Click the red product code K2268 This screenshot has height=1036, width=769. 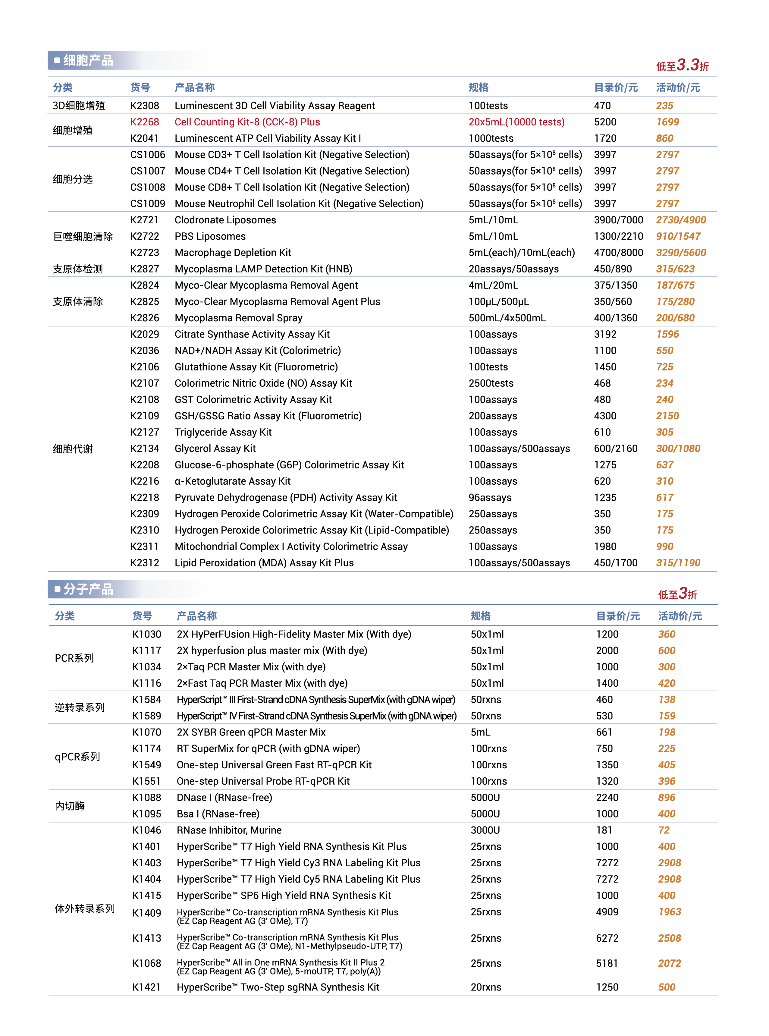tap(144, 122)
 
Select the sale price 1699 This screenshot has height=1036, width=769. tap(667, 122)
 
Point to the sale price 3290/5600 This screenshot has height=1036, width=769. tap(680, 252)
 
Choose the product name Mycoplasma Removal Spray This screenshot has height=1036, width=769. tap(238, 317)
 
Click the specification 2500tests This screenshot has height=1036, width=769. tap(491, 383)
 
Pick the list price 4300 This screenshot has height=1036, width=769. tap(605, 416)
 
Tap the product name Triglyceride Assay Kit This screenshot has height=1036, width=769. tap(223, 432)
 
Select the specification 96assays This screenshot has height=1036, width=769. tap(490, 497)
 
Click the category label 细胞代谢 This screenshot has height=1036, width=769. tap(73, 449)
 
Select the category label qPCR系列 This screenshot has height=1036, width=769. tap(77, 757)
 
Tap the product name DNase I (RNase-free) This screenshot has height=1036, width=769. tap(224, 797)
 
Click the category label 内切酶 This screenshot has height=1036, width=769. tap(70, 805)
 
